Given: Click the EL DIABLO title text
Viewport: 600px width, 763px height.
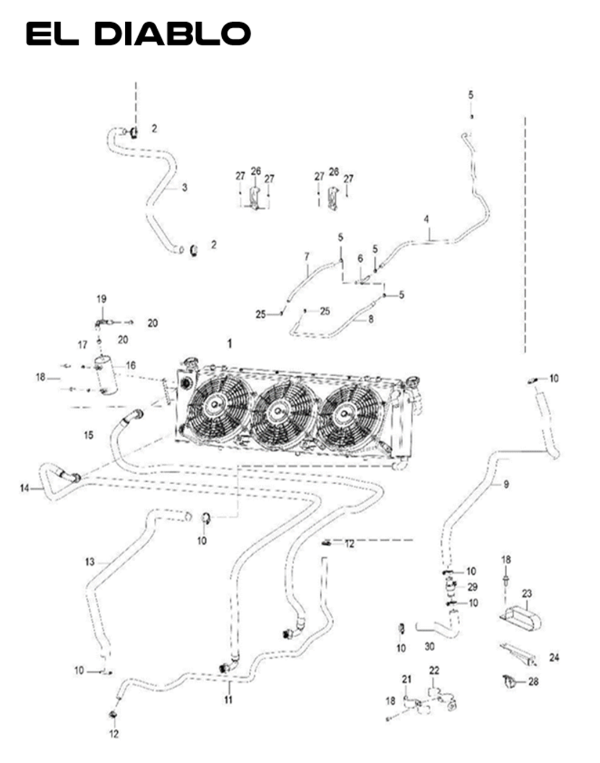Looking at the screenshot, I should tap(138, 34).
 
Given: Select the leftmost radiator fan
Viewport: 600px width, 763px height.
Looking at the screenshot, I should tap(217, 403).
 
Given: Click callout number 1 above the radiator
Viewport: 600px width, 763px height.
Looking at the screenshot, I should tap(229, 344).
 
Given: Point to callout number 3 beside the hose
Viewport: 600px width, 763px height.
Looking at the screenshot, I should tap(185, 187).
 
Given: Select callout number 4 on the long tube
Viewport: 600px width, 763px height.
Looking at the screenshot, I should tap(426, 219).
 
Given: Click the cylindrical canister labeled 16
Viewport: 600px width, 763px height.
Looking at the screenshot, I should tap(106, 376).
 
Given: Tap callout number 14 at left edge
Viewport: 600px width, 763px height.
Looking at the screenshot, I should tap(24, 488).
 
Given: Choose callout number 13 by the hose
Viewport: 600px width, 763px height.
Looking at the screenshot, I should tap(89, 562).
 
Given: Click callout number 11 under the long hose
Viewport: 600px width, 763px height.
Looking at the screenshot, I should tap(229, 700).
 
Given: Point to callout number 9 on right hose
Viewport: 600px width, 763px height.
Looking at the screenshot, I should tap(506, 484).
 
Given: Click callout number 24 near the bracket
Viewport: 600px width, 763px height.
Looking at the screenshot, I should tap(554, 657).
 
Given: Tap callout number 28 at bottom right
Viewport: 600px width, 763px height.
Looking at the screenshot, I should tap(533, 682).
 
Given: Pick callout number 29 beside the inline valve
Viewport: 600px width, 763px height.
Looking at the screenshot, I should tap(472, 587).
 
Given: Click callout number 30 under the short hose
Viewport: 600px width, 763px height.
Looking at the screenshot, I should tap(429, 646).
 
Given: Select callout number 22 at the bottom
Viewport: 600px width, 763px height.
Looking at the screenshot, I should tap(434, 670).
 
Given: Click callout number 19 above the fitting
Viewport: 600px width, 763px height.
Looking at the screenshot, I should tap(102, 299).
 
